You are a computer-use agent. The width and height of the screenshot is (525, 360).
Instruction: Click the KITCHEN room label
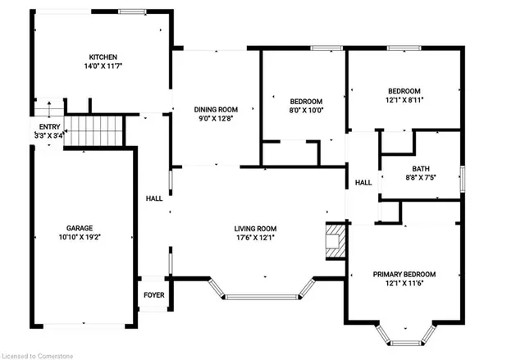103,57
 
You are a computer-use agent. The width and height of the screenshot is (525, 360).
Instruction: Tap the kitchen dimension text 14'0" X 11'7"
103,66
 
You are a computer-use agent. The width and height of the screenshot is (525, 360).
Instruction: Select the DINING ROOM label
216,109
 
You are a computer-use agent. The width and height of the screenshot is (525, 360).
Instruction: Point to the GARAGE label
80,228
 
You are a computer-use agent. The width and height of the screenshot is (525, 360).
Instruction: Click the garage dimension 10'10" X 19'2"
80,237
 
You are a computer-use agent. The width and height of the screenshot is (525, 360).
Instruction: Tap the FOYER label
154,295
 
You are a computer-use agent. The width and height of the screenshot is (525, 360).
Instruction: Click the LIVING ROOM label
255,229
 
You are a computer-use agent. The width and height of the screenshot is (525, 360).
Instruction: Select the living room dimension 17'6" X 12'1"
255,238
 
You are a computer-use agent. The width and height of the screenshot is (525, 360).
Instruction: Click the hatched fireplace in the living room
336,241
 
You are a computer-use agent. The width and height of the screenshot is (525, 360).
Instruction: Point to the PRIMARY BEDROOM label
404,275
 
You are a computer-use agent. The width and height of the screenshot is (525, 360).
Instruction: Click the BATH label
421,169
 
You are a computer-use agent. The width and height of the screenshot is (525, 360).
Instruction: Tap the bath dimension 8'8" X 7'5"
421,178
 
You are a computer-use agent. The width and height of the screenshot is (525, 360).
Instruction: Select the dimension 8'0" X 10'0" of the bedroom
306,111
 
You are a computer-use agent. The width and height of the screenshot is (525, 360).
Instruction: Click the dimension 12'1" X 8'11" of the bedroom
404,100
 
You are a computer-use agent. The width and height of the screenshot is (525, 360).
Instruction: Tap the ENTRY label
49,127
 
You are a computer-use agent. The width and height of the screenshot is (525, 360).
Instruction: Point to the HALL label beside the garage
154,198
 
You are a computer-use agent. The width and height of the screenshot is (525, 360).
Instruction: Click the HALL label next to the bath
363,183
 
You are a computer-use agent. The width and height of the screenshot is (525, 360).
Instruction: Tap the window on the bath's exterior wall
463,179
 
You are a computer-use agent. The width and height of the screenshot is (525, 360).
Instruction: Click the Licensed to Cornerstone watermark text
38,356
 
